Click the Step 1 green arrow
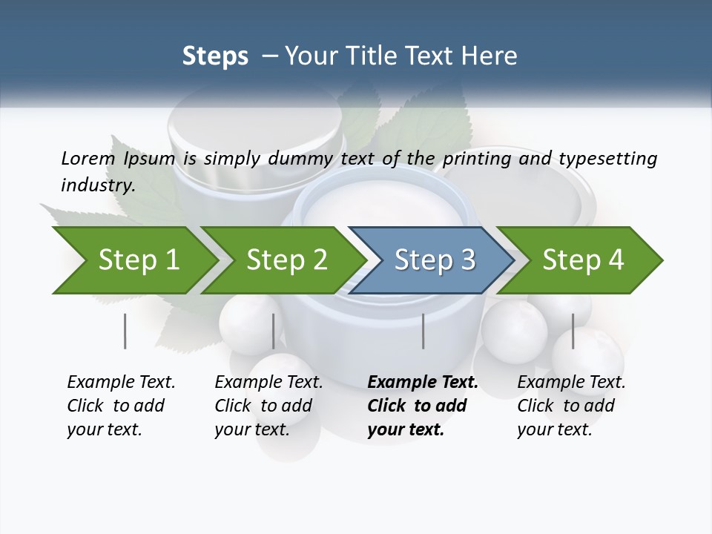[x=137, y=260]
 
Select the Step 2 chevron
[x=286, y=260]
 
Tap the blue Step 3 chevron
[x=435, y=260]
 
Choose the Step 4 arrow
[x=583, y=260]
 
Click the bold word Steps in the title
[x=215, y=56]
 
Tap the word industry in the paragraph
[x=97, y=185]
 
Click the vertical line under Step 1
[x=125, y=331]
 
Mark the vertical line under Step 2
[x=274, y=331]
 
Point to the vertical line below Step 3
[x=423, y=331]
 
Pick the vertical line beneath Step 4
[x=573, y=331]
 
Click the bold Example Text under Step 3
[x=423, y=383]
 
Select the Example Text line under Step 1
[x=121, y=383]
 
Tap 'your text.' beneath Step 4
[x=554, y=430]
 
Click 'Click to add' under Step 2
[x=263, y=406]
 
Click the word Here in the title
[x=492, y=56]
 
